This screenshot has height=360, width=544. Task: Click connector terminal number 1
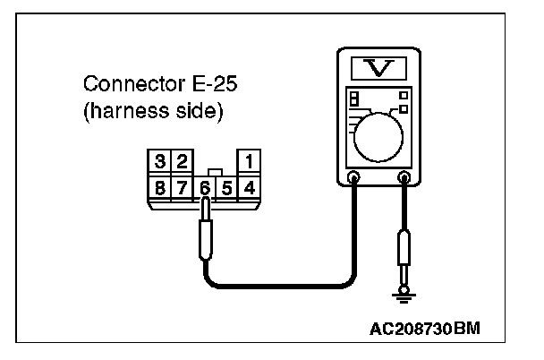pyautogui.click(x=248, y=162)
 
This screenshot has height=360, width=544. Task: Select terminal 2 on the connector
pyautogui.click(x=181, y=162)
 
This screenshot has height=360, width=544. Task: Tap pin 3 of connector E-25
pyautogui.click(x=160, y=162)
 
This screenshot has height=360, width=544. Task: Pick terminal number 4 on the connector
pyautogui.click(x=249, y=187)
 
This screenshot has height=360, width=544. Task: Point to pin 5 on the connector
pyautogui.click(x=226, y=187)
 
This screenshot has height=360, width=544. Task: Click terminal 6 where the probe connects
pyautogui.click(x=205, y=187)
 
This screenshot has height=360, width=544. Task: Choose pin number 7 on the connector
pyautogui.click(x=182, y=187)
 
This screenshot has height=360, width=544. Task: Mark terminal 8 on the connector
pyautogui.click(x=160, y=187)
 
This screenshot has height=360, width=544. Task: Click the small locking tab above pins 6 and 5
pyautogui.click(x=215, y=172)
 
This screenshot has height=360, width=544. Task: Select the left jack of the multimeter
pyautogui.click(x=353, y=177)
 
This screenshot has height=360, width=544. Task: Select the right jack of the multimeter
pyautogui.click(x=404, y=177)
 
